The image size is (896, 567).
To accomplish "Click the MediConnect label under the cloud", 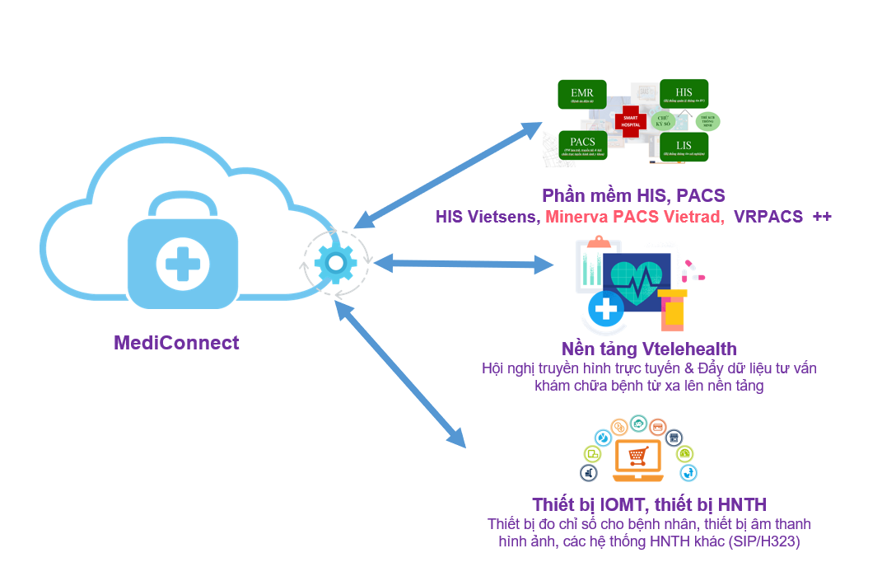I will pos(176,343).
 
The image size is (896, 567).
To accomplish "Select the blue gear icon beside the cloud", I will pos(335,263).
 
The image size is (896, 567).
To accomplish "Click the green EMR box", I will pos(582,96).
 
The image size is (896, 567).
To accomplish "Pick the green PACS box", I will pos(582,144).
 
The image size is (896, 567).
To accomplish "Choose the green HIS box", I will pos(684,94).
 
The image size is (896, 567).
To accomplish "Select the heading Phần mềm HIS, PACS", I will pos(633,195).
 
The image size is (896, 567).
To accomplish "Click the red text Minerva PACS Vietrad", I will pos(635,217).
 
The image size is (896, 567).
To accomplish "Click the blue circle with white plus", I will pos(607,309).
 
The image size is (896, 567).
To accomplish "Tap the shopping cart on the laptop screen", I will pos(637,455).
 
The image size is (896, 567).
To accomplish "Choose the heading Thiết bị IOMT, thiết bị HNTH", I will pos(650,504).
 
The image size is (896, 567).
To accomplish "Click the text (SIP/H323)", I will pos(763,541).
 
